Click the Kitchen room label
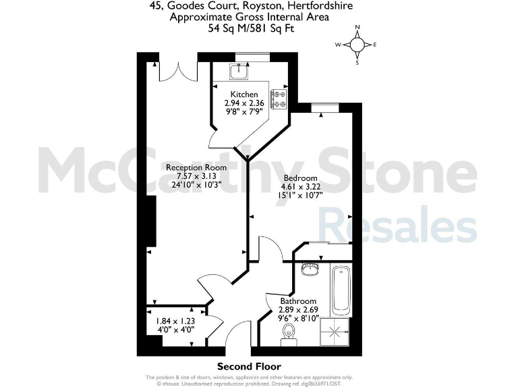click(243, 94)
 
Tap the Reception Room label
click(196, 167)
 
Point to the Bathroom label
click(298, 301)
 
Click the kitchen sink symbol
click(239, 71)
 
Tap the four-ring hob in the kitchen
click(279, 99)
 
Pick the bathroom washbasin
click(312, 269)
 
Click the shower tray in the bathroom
click(336, 332)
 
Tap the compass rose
click(357, 45)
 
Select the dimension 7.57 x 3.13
click(196, 176)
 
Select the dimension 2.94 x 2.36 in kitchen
click(243, 103)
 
